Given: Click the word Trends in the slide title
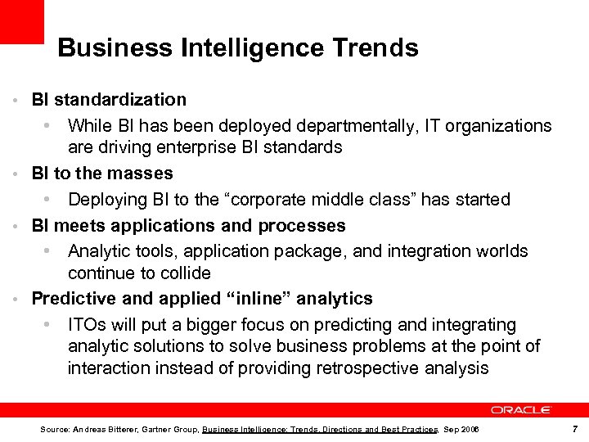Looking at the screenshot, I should (375, 48).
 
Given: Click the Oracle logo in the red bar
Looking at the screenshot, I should (521, 409).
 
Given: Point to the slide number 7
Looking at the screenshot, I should (576, 429).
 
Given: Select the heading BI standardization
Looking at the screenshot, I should (109, 100).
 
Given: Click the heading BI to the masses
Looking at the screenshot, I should (102, 174).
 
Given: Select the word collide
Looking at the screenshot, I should (185, 273).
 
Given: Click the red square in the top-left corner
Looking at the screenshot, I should (21, 21).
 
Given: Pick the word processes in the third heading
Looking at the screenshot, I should (302, 225).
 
